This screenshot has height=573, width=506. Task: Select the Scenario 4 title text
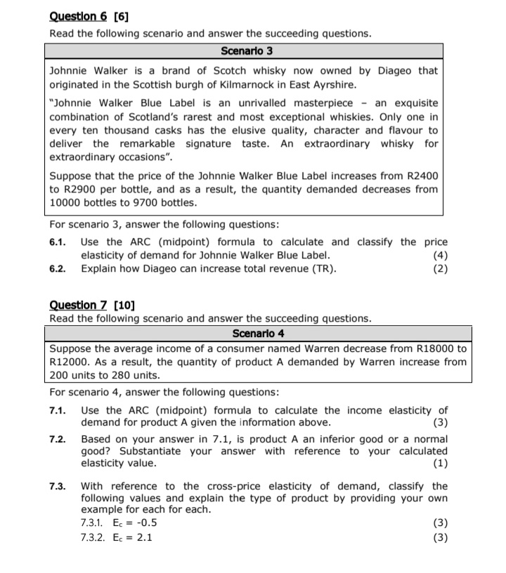(x=257, y=332)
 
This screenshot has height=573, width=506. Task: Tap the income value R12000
(x=72, y=362)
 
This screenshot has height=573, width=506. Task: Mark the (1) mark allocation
(x=441, y=463)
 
